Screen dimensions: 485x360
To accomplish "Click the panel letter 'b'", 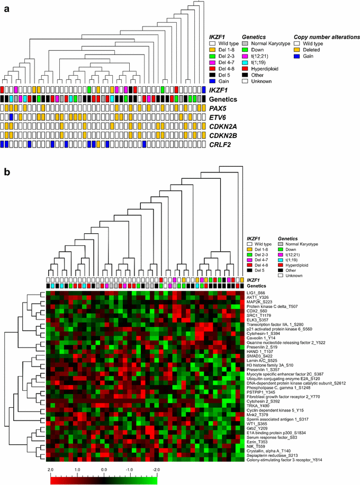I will point(7,173).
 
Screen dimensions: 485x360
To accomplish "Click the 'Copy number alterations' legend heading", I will point(320,39).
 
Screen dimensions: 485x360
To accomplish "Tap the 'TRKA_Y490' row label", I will point(257,390).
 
